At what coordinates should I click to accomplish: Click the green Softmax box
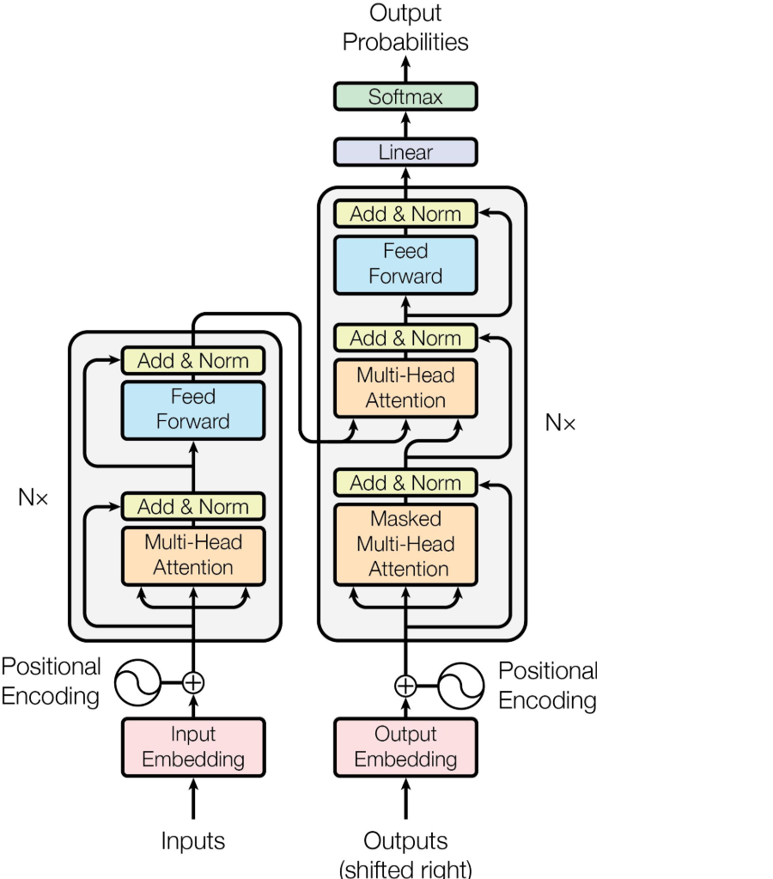click(405, 96)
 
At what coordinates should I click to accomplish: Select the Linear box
click(405, 152)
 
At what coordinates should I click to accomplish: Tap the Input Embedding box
click(193, 747)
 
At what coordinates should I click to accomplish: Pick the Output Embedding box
click(405, 747)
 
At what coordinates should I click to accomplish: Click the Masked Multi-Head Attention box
click(405, 544)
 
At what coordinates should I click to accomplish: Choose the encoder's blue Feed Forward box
click(193, 409)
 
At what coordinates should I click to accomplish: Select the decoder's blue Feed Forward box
click(405, 264)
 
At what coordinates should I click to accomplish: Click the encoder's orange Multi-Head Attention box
click(193, 555)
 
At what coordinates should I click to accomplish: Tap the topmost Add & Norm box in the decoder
click(405, 214)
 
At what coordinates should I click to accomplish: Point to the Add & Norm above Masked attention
click(405, 483)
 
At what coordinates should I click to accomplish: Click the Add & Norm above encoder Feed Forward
click(193, 361)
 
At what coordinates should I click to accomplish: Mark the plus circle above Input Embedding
click(194, 683)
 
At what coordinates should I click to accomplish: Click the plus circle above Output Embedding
click(405, 685)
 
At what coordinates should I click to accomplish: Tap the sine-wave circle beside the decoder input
click(461, 685)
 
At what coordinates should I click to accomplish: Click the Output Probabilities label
click(405, 27)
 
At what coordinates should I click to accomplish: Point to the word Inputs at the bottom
click(193, 840)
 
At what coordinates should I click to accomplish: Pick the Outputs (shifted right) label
click(405, 853)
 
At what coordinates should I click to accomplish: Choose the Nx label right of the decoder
click(560, 422)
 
